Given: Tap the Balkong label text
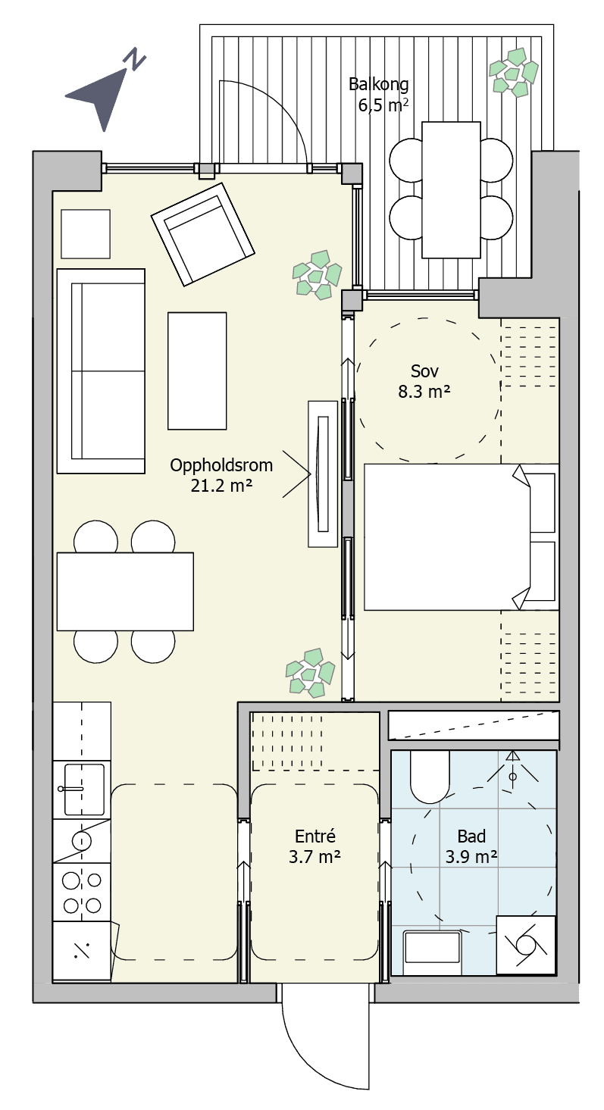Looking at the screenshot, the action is click(x=379, y=84).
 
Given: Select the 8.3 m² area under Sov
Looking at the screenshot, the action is click(x=424, y=392).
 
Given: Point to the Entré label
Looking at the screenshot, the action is click(x=315, y=836).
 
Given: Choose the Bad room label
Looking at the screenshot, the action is click(x=471, y=836).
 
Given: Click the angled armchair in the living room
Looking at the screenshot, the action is click(x=202, y=234).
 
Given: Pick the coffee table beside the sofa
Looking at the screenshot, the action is click(x=197, y=371).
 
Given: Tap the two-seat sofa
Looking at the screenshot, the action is click(x=101, y=371).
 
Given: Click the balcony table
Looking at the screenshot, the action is click(x=451, y=189).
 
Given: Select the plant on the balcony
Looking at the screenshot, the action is click(x=514, y=72).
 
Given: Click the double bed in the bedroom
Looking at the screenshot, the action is click(x=462, y=536).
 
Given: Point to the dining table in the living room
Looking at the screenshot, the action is click(x=125, y=591).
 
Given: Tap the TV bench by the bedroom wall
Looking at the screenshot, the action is click(x=323, y=474).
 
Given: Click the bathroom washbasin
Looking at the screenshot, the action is click(x=433, y=947).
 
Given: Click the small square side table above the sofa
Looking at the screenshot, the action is click(x=85, y=234).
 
